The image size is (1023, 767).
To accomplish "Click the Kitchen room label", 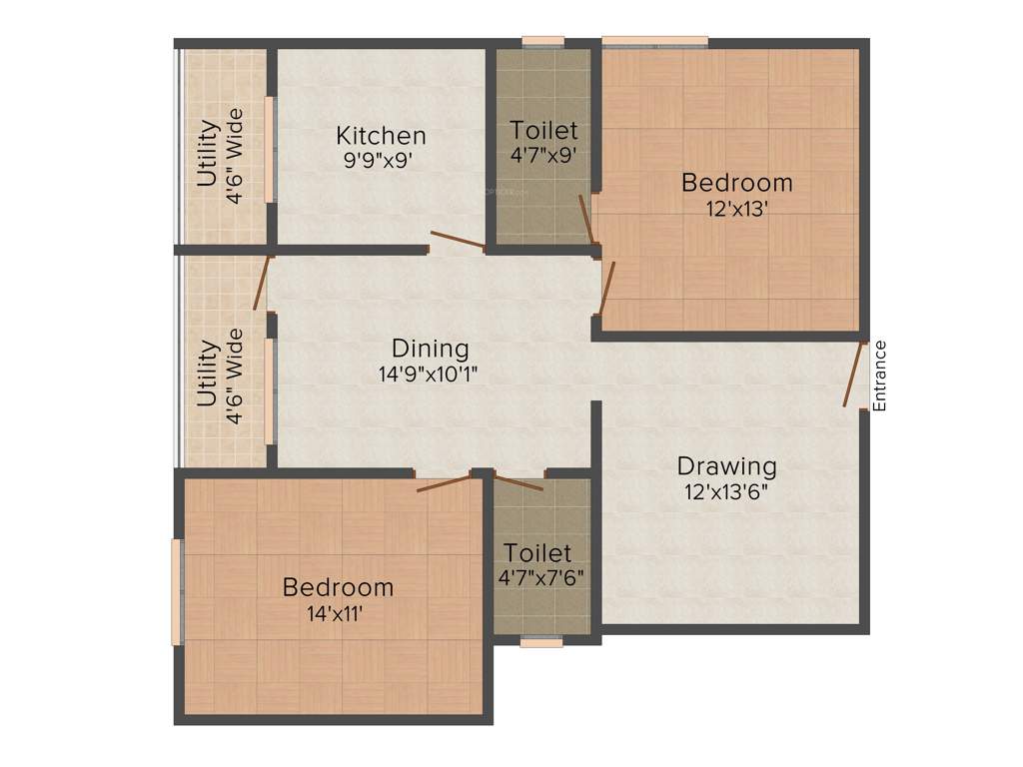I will [x=381, y=135].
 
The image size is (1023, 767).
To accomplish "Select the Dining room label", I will [x=430, y=349].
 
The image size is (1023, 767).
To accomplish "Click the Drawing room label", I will [x=726, y=466].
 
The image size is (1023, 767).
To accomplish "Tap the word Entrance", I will [x=879, y=376].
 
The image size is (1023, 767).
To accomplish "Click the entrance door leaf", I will [x=854, y=375].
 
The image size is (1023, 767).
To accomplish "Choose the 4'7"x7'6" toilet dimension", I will [x=540, y=577].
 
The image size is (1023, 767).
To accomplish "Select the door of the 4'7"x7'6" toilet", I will [x=518, y=484].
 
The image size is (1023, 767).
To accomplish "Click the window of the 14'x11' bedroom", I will [x=177, y=592].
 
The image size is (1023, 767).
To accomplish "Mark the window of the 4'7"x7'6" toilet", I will [x=540, y=643].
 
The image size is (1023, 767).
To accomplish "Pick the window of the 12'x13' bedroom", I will [x=654, y=41].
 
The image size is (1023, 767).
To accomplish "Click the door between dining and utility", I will [x=262, y=284].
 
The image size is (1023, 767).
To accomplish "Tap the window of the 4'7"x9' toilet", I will [x=543, y=41].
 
